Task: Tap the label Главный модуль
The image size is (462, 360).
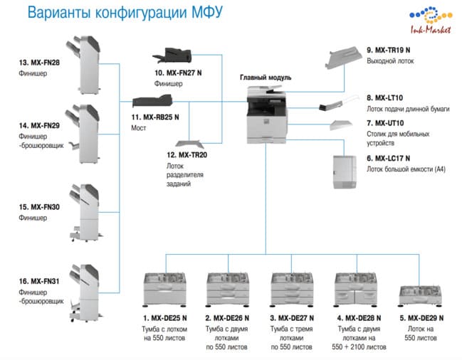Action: [266, 78]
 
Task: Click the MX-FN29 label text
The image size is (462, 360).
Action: [39, 126]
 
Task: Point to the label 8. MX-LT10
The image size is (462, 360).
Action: [384, 97]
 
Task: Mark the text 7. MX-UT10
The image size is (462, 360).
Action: [385, 123]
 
